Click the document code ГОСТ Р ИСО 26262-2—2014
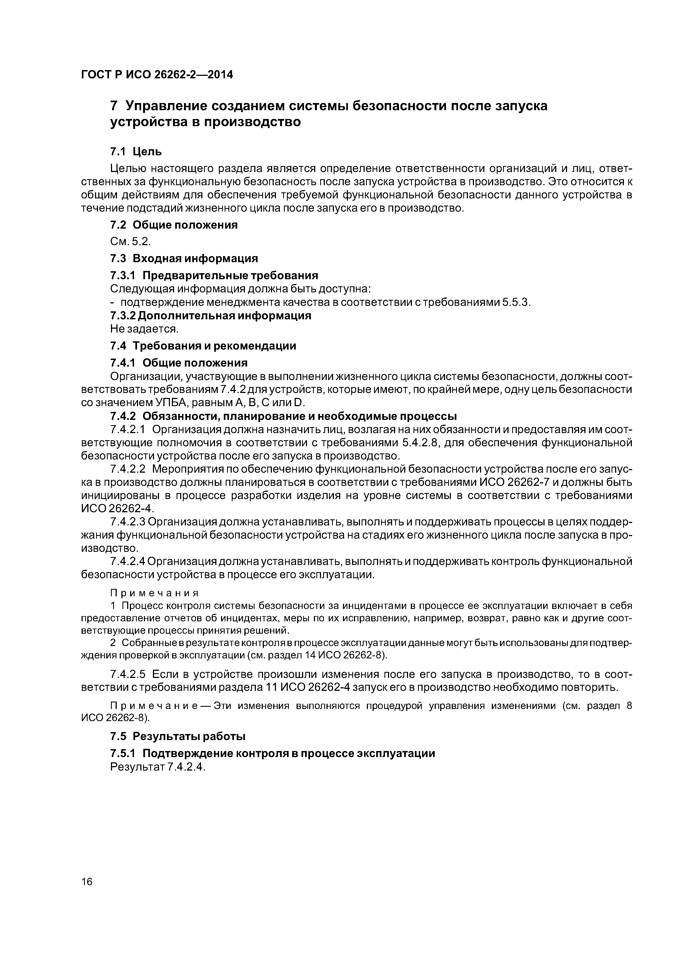157,75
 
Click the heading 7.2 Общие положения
174,225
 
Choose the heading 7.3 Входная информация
184,258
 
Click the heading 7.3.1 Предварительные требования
214,275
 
